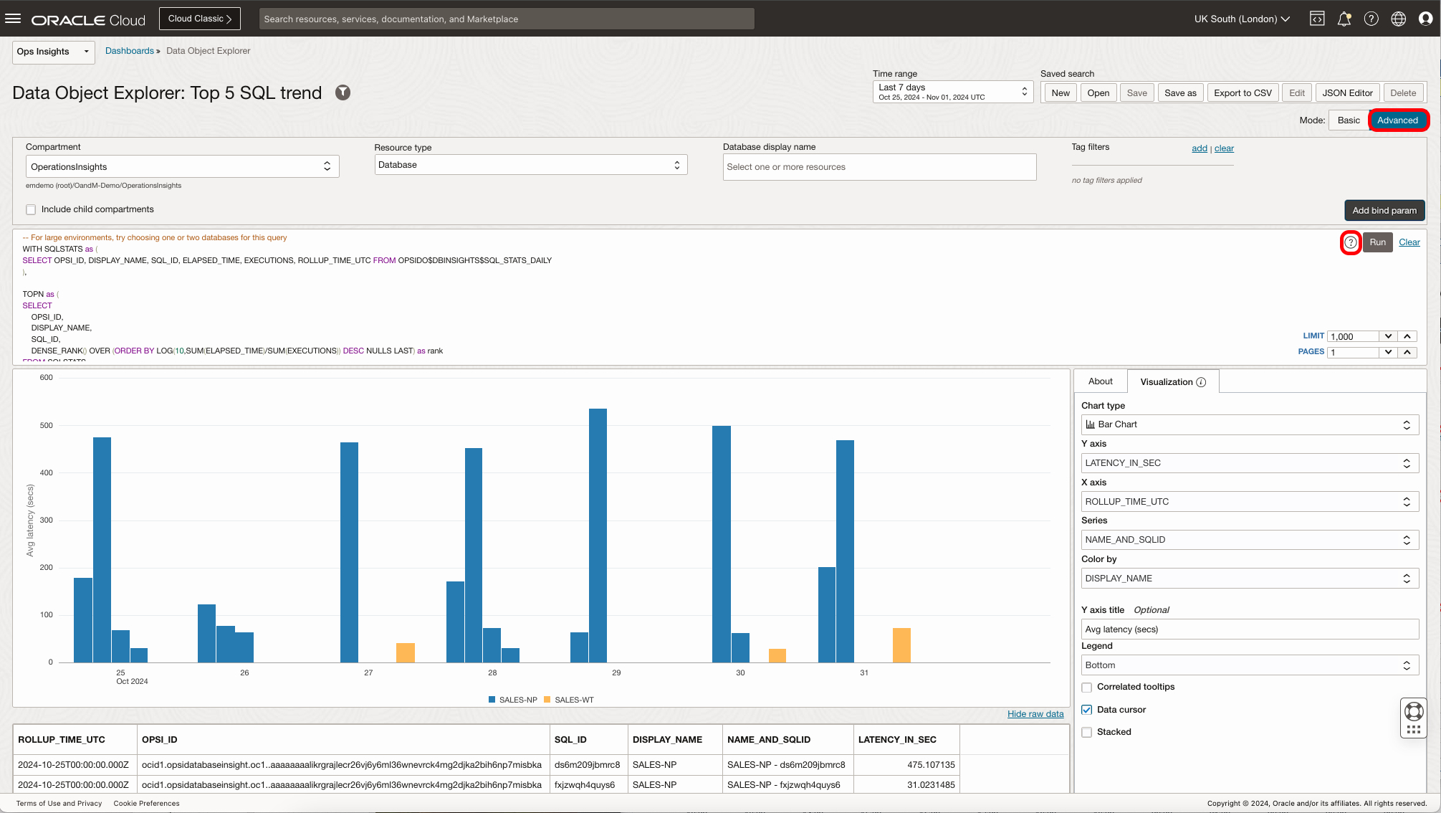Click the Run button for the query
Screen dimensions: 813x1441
point(1377,242)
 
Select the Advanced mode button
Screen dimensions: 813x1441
point(1397,120)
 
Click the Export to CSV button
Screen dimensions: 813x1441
point(1243,93)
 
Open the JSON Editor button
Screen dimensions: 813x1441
point(1347,93)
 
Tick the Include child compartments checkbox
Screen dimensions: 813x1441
point(31,209)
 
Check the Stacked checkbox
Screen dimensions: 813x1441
point(1087,732)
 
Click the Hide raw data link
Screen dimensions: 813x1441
point(1035,714)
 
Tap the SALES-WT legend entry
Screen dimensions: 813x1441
point(569,700)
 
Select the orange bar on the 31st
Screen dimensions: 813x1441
point(901,645)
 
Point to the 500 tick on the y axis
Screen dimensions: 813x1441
point(47,425)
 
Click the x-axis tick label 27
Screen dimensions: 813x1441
point(368,672)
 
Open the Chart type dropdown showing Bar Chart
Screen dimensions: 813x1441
point(1249,424)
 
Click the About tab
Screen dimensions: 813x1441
point(1100,381)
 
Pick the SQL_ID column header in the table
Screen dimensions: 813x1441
point(570,740)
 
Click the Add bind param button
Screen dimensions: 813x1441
point(1384,211)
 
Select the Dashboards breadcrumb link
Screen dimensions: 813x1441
point(130,51)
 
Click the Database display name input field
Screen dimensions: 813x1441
point(879,167)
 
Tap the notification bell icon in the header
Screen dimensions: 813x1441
point(1344,19)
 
